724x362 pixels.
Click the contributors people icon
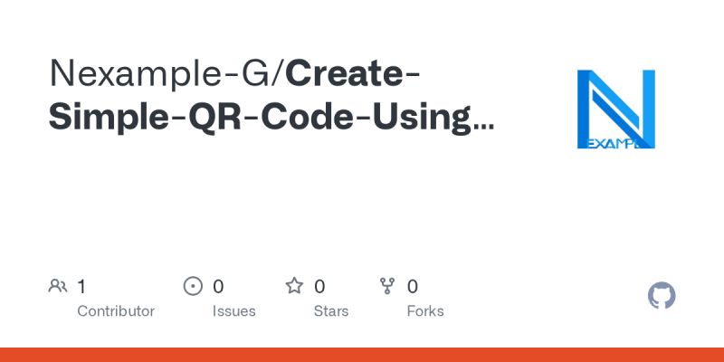coord(58,287)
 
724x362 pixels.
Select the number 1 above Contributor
coord(81,287)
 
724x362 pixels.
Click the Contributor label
coord(116,311)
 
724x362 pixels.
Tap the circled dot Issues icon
coord(193,287)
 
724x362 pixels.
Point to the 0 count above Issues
coord(218,287)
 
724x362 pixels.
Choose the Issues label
coord(233,311)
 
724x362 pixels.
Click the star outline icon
coord(294,287)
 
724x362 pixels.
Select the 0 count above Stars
coord(319,287)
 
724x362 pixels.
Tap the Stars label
coord(331,311)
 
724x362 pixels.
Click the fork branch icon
coord(388,287)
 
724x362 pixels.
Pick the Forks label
coord(425,311)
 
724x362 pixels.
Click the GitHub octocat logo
coord(662,296)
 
